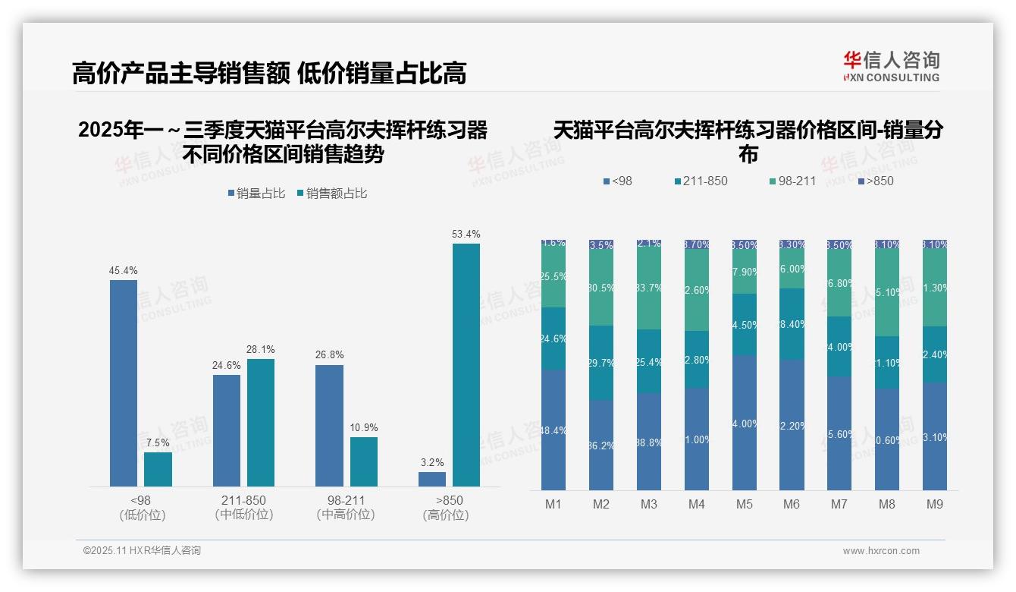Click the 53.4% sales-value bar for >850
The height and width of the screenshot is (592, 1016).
[x=466, y=364]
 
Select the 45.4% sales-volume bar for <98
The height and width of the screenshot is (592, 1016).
[x=124, y=383]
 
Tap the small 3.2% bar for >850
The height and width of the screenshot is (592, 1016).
[x=432, y=479]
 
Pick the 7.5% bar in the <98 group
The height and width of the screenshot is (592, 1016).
[x=158, y=469]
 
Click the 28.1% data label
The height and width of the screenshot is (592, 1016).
[x=260, y=350]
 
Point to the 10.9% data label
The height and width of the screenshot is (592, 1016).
[x=364, y=428]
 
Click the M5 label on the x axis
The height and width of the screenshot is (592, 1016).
[x=744, y=505]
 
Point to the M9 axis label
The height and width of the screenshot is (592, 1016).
[x=934, y=505]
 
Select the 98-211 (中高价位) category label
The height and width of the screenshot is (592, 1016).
[x=346, y=508]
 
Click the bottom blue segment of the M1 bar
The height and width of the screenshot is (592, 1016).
[x=553, y=430]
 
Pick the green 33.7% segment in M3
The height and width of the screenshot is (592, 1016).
[x=649, y=288]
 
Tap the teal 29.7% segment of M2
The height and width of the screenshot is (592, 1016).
[x=601, y=363]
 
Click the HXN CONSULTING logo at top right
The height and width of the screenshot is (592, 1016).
[x=891, y=67]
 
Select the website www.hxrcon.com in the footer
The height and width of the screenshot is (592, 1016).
[x=881, y=551]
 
